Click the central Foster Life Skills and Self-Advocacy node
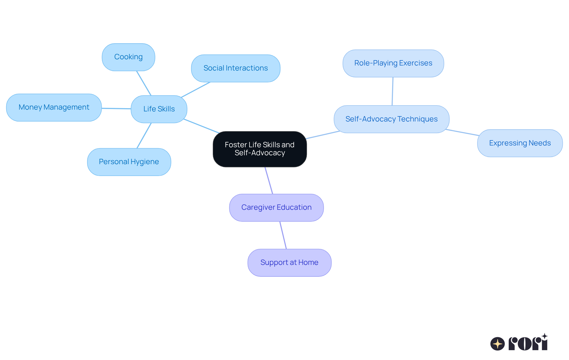pos(260,149)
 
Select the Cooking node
pos(128,57)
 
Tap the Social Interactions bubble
pos(236,68)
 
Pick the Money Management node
pos(54,107)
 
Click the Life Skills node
pos(159,109)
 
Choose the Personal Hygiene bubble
pos(129,162)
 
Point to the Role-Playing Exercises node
pos(393,63)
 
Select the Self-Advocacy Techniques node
pos(391,119)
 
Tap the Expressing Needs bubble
pos(520,143)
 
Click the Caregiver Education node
pos(276,207)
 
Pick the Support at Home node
pos(289,263)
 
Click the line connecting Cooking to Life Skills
pos(144,83)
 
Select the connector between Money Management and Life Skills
pos(116,108)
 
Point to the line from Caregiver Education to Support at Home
pos(283,235)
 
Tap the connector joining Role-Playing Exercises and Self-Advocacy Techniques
pos(393,91)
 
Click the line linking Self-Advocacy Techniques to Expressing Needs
pos(462,132)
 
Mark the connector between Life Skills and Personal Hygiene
pos(144,135)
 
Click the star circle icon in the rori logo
pos(497,344)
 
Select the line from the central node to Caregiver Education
pos(269,180)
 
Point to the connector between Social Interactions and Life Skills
pos(196,89)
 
